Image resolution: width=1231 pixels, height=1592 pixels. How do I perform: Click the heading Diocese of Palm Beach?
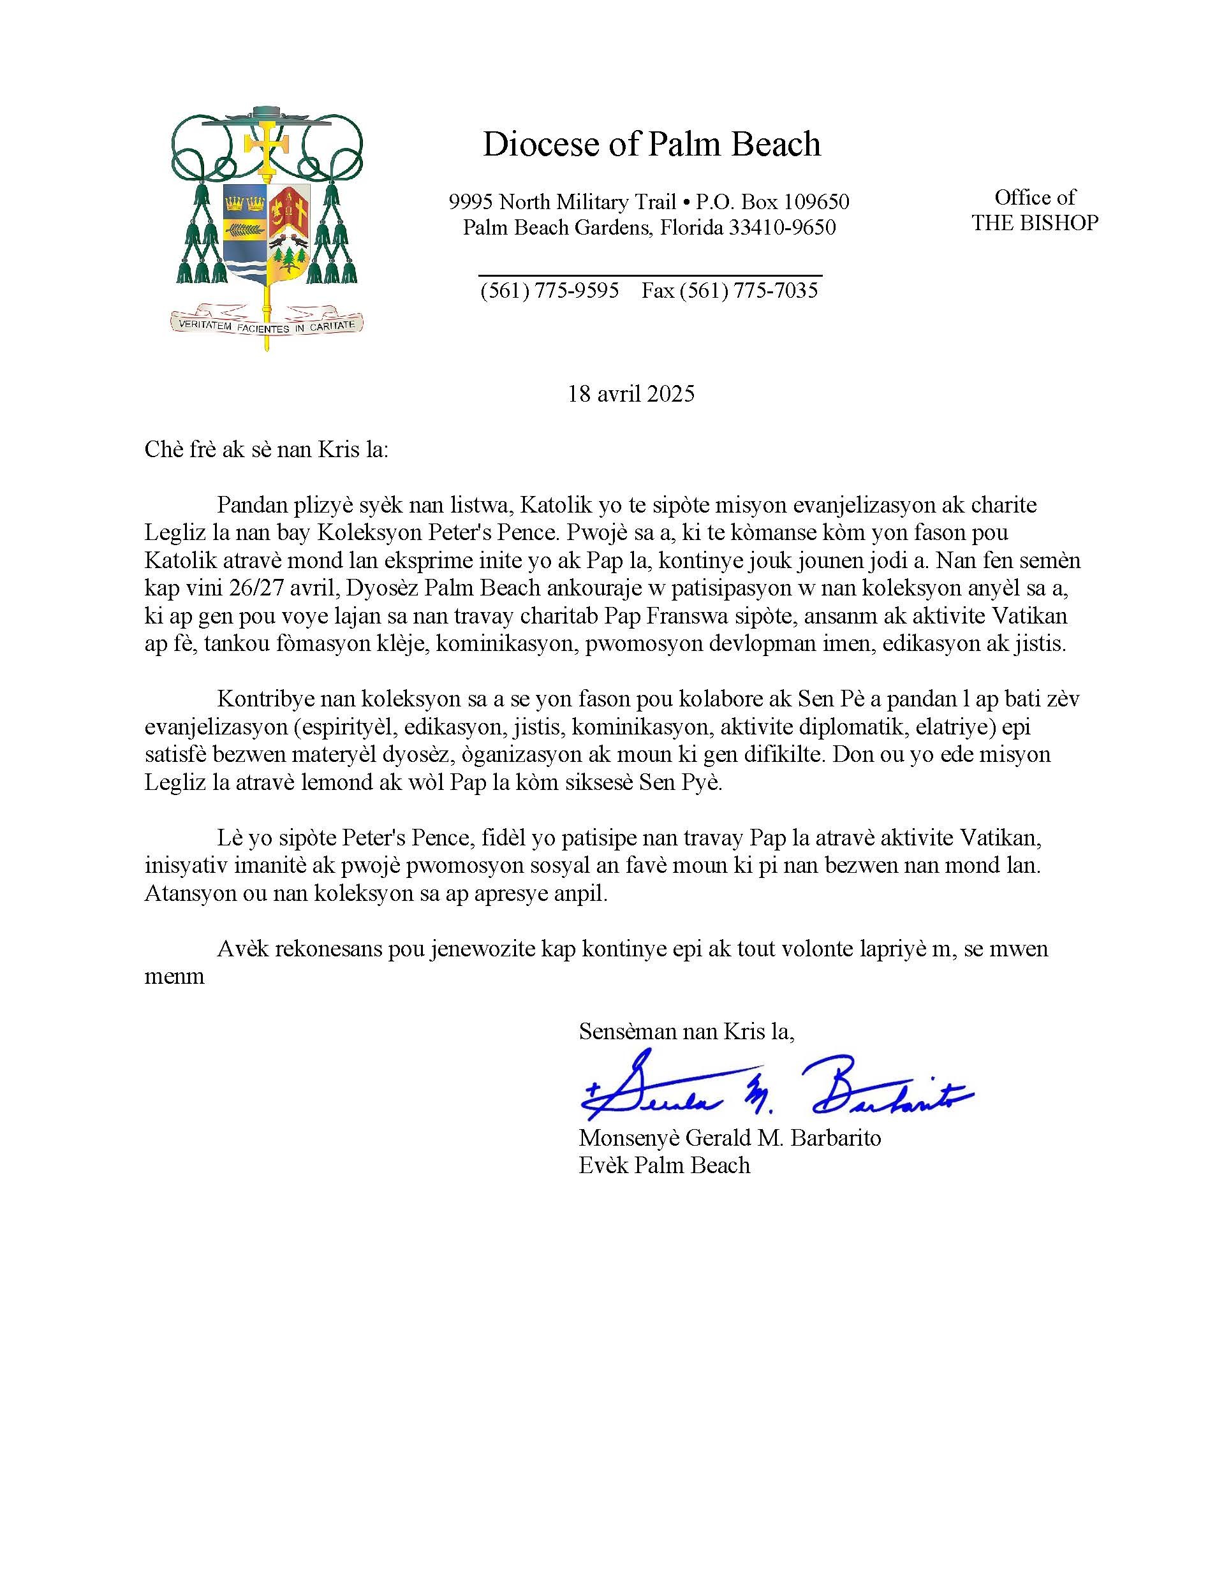coord(651,144)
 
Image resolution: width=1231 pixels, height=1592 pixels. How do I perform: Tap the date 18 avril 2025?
coord(631,395)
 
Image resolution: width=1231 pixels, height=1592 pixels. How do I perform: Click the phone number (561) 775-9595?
coord(549,291)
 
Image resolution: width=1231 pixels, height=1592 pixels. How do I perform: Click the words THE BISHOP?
coord(1034,223)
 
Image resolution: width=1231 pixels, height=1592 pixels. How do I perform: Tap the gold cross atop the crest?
coord(265,146)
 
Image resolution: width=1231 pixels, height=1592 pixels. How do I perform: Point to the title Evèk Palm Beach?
coord(665,1165)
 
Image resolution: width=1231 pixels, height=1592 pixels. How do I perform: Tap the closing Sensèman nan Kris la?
coord(686,1032)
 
